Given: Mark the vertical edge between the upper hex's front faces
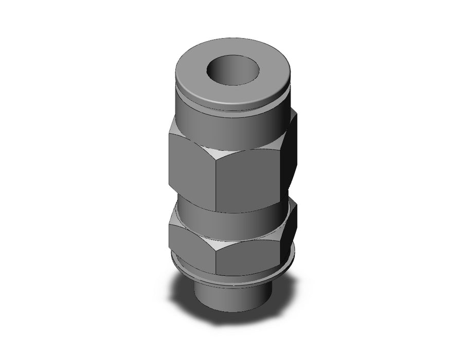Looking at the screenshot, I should tap(216, 180).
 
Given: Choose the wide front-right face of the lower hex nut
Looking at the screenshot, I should tap(252, 252).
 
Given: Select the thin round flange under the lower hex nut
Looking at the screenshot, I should tap(226, 278).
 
